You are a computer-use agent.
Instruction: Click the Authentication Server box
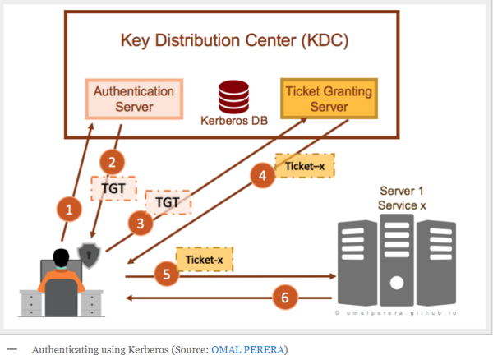point(134,98)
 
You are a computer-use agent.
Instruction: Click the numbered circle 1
point(70,210)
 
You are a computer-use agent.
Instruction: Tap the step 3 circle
point(141,221)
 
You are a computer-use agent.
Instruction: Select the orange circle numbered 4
point(262,175)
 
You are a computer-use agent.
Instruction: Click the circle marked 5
point(168,274)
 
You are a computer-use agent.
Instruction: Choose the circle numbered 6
point(285,298)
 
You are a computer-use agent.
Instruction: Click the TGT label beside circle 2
point(113,188)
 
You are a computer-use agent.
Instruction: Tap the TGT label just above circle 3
point(168,201)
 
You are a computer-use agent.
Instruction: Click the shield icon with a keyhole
point(88,256)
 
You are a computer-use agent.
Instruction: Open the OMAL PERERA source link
point(248,349)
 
